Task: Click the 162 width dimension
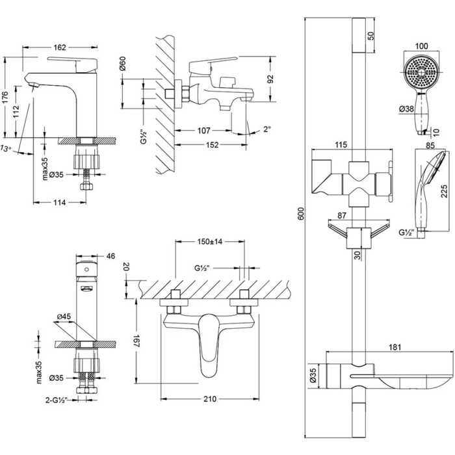click(x=59, y=47)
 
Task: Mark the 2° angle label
click(x=266, y=129)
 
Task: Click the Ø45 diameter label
click(x=64, y=317)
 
